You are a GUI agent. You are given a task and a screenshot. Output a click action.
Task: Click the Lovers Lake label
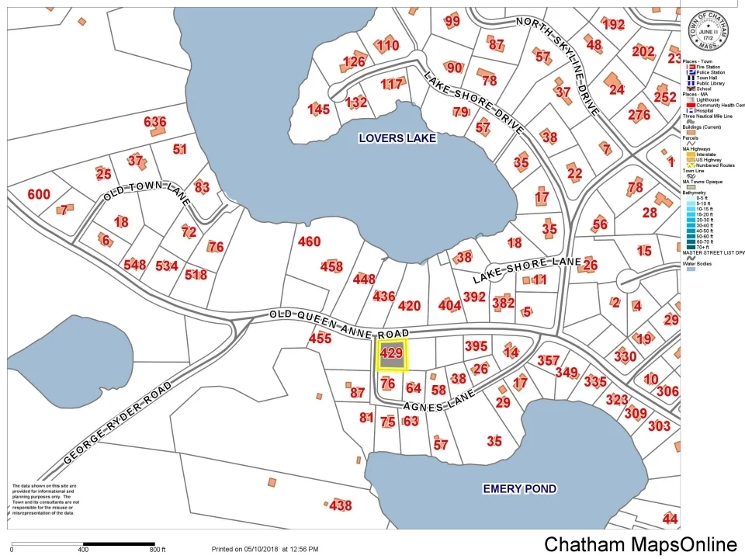[397, 138]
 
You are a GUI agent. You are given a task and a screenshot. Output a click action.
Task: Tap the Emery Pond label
[519, 488]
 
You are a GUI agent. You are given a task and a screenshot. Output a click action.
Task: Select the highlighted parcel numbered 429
[391, 354]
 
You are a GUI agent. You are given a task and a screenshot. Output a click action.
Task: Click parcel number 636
[155, 122]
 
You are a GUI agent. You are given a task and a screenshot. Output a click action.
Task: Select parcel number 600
[38, 194]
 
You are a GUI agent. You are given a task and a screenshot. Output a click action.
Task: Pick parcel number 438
[340, 505]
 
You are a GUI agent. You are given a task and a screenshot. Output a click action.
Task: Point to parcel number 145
[319, 109]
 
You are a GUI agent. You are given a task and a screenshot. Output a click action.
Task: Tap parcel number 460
[309, 241]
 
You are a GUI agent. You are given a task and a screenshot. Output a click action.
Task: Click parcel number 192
[613, 24]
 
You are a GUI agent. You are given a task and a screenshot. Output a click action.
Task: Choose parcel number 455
[320, 339]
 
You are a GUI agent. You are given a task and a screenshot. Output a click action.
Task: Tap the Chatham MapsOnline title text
[640, 544]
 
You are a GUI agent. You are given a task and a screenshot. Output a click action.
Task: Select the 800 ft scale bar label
[159, 550]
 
